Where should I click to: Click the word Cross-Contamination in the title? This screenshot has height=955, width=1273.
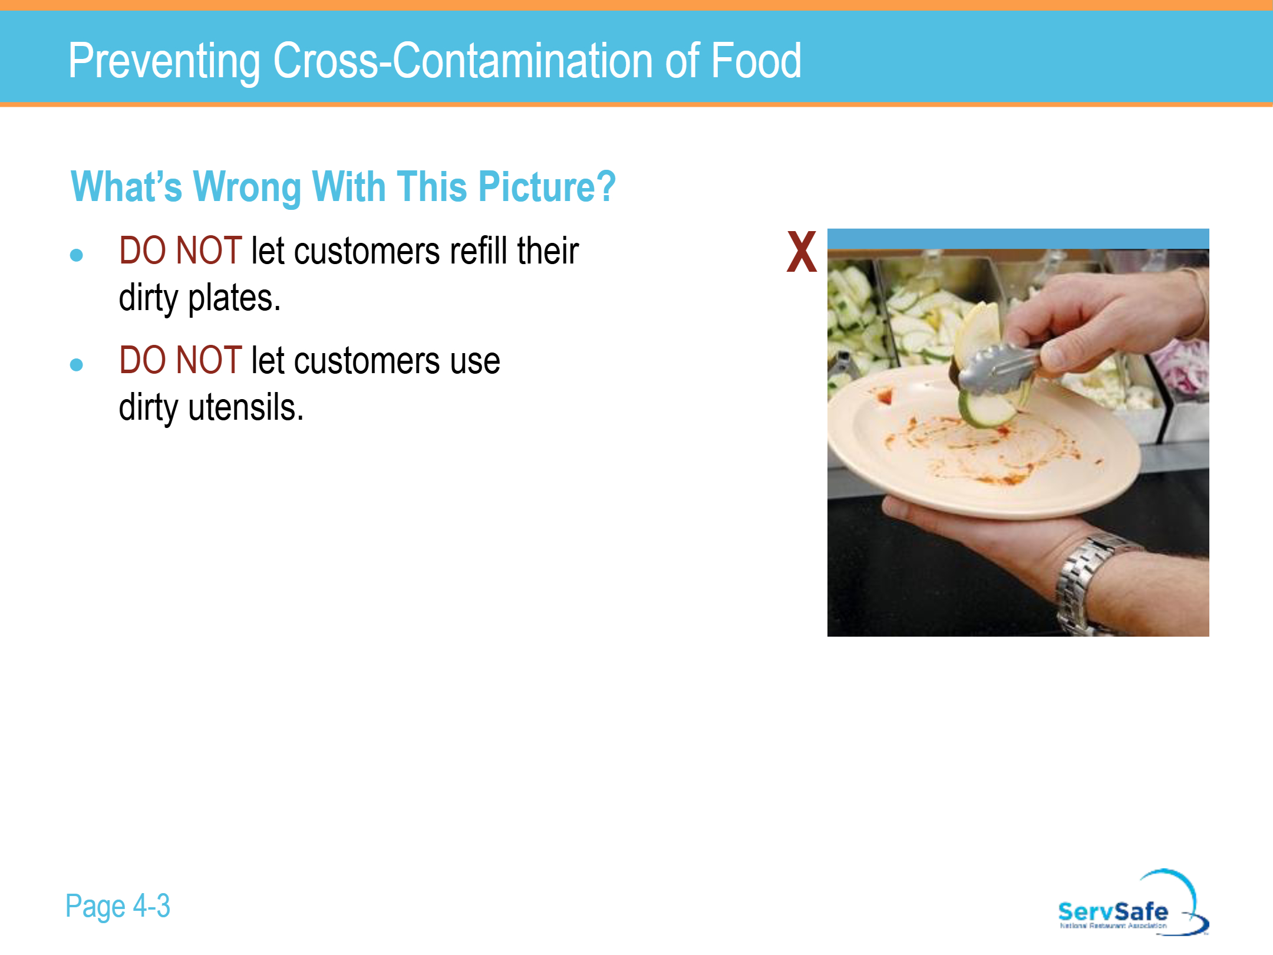click(463, 60)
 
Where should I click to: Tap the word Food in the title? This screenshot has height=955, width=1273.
click(756, 60)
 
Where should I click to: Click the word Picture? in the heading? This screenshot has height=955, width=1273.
click(547, 186)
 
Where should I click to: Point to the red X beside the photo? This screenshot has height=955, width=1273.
click(802, 252)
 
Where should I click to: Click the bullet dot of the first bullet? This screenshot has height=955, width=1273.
click(76, 255)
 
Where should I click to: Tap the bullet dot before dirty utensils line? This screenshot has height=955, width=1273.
click(76, 365)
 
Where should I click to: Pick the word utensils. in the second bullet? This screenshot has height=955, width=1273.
click(246, 407)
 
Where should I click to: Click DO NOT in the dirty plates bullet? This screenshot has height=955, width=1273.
click(180, 251)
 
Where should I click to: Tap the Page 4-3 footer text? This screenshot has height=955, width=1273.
click(117, 906)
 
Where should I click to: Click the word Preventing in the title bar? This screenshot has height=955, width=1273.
click(164, 61)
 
